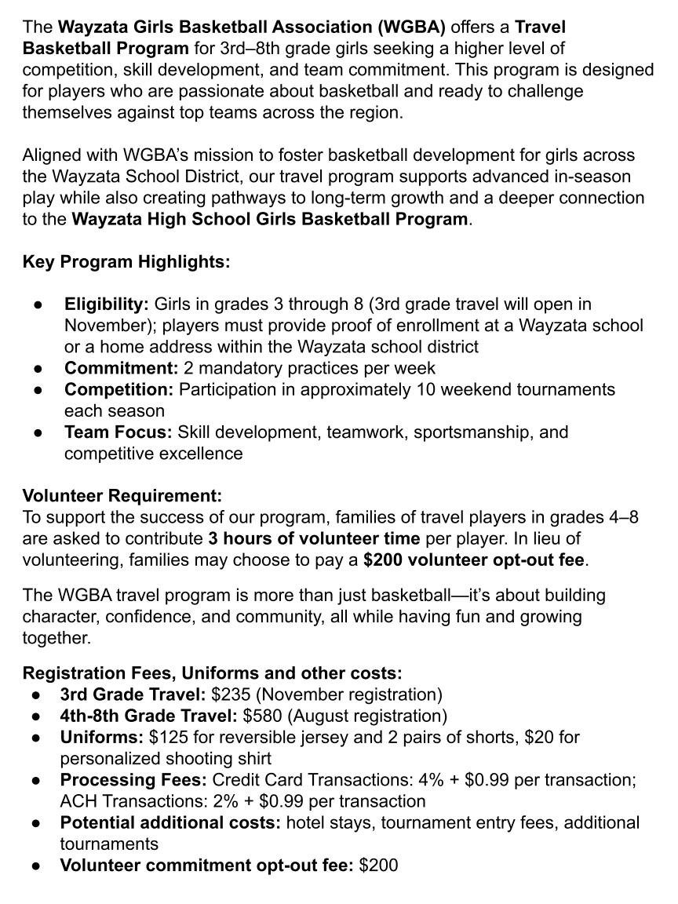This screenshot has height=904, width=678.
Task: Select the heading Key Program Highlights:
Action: pos(126,261)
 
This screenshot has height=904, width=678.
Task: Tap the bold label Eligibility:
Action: pos(107,304)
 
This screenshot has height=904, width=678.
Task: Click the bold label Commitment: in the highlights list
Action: pos(122,368)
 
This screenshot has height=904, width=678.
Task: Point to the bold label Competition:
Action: pos(118,389)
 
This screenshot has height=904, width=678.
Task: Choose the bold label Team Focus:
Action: pos(118,432)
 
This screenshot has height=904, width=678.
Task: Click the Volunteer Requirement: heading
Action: pos(122,496)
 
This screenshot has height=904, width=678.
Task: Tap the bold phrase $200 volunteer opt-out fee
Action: pos(474,560)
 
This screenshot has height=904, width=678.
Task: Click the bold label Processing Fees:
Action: pos(134,780)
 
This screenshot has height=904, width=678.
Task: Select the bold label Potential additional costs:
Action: pos(170,822)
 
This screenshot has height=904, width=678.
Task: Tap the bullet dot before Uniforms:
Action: pos(37,738)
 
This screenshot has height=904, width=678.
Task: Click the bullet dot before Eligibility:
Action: pos(38,304)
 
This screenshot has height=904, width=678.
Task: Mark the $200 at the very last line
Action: pos(378,865)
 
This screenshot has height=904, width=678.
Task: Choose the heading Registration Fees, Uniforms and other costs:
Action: pos(212,673)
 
